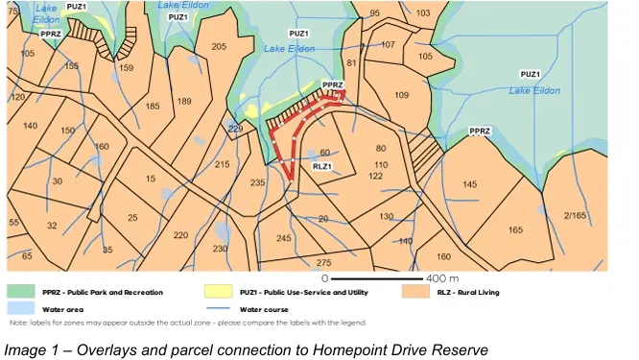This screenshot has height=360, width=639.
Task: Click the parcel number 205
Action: pos(219,47)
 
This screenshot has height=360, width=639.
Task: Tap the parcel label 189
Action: pos(185,101)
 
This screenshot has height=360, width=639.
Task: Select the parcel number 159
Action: pos(127,68)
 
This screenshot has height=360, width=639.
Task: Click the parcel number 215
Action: pos(223,165)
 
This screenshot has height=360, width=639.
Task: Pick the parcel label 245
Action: pos(283,238)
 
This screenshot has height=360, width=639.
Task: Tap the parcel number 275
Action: pos(323,262)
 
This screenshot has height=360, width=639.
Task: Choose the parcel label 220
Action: pos(180,234)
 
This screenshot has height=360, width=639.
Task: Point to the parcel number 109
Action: pos(402,95)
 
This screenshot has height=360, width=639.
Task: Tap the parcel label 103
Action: pos(423,13)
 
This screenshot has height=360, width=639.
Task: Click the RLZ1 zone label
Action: pos(323,166)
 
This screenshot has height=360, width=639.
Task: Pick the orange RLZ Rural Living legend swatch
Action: pos(414,292)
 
